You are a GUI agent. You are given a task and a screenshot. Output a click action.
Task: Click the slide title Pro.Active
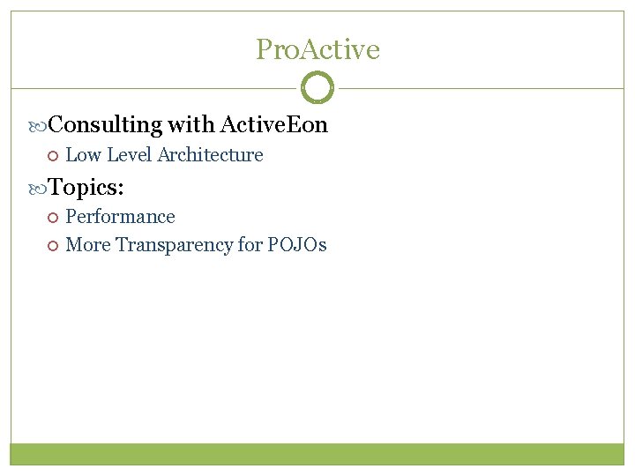(x=317, y=49)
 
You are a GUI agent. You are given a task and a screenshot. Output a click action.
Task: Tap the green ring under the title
(x=317, y=88)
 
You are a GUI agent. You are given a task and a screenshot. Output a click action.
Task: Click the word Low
(x=83, y=155)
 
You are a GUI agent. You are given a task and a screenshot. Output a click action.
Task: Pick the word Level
(x=129, y=155)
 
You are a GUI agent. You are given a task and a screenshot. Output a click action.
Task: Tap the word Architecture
(x=210, y=155)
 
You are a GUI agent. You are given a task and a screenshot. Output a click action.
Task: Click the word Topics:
(x=86, y=187)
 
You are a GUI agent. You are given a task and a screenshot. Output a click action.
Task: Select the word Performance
(x=121, y=217)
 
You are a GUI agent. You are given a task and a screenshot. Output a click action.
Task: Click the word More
(x=88, y=245)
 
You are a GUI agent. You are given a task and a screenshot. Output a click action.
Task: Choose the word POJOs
(x=298, y=245)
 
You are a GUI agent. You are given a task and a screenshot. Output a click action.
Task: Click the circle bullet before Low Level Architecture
(x=52, y=156)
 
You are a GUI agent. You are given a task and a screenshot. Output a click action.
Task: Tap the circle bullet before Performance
(x=52, y=218)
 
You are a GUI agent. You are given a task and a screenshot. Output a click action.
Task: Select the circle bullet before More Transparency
(x=52, y=246)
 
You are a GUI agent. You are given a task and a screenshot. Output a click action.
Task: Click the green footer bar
(x=317, y=453)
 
